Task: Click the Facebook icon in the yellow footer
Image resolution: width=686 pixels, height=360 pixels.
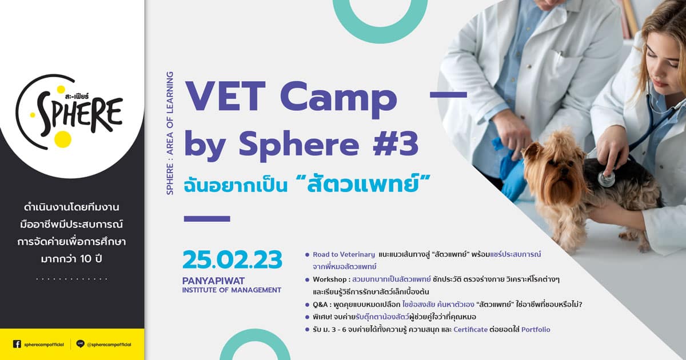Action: tap(17, 344)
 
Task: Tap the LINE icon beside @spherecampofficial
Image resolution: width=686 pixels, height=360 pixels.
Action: tap(80, 344)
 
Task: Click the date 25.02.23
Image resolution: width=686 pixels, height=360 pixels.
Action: tap(233, 259)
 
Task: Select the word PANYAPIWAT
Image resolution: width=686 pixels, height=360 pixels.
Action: tap(213, 281)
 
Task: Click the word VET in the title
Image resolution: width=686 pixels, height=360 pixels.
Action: tap(225, 97)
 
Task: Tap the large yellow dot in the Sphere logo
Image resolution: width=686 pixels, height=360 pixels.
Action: tap(63, 139)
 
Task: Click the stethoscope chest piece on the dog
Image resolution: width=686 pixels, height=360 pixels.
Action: tap(607, 179)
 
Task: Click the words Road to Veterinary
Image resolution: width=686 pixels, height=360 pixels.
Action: tap(344, 254)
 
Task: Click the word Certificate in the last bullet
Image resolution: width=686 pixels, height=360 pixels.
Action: tap(470, 329)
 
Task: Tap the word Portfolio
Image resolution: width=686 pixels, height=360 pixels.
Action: tap(536, 329)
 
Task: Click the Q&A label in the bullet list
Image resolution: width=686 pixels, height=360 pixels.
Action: tap(320, 305)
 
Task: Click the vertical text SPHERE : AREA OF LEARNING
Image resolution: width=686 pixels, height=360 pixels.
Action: tap(170, 133)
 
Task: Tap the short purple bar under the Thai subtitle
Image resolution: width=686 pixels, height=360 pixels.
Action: tap(207, 218)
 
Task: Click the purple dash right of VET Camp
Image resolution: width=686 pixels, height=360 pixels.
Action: tap(448, 95)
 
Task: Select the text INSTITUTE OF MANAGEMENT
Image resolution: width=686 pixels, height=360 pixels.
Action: tap(232, 290)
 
